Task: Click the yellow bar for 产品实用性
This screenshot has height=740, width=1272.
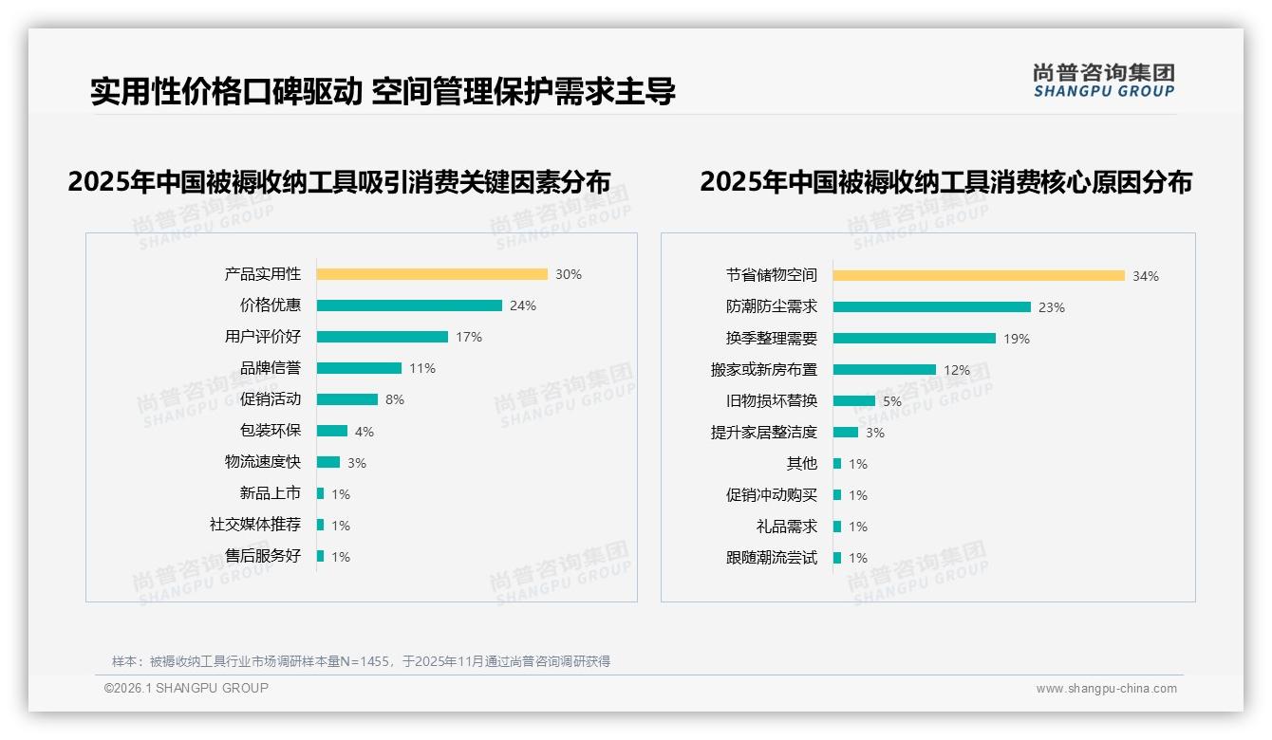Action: [x=432, y=274]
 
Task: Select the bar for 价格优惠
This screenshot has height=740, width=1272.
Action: [x=409, y=305]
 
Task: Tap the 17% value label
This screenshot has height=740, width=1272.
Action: [x=469, y=337]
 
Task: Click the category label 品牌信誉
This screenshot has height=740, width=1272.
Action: [x=271, y=368]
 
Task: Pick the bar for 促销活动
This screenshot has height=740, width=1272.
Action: [x=347, y=399]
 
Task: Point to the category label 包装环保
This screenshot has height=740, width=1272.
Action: [x=271, y=431]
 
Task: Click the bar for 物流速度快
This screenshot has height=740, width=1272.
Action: [x=328, y=462]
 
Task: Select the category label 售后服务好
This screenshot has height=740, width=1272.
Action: [x=263, y=556]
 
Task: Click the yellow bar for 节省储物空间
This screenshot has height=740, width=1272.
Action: [x=979, y=276]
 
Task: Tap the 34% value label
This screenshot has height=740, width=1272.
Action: [x=1145, y=277]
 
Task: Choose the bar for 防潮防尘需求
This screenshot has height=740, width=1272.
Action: [x=932, y=307]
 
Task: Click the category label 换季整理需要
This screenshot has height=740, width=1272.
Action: [x=772, y=339]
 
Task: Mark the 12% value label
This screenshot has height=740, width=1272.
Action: [x=957, y=370]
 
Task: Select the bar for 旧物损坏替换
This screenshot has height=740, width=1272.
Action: [x=854, y=401]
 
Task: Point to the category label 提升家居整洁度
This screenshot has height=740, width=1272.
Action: [x=764, y=433]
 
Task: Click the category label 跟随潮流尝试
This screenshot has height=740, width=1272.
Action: [x=772, y=558]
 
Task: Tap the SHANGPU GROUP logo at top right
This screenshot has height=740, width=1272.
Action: [x=1103, y=81]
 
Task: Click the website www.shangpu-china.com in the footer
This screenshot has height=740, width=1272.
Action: [x=1106, y=689]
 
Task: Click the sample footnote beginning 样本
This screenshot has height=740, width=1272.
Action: [x=361, y=661]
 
